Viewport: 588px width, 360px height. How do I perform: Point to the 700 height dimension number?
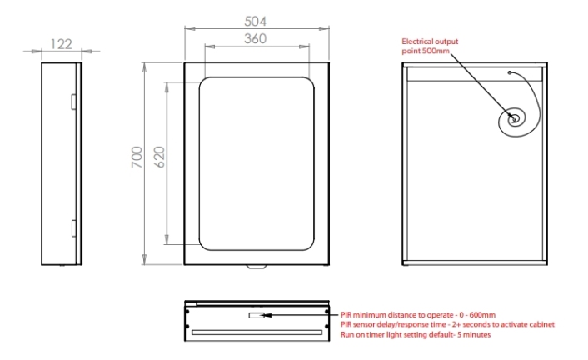click(137, 157)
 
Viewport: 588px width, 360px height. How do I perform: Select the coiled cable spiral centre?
click(515, 119)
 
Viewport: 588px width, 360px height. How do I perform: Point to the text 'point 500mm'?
click(424, 50)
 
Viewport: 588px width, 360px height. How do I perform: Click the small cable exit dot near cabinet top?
click(509, 72)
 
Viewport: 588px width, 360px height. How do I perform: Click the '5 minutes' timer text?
click(470, 334)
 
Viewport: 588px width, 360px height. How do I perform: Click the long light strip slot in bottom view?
click(257, 331)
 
